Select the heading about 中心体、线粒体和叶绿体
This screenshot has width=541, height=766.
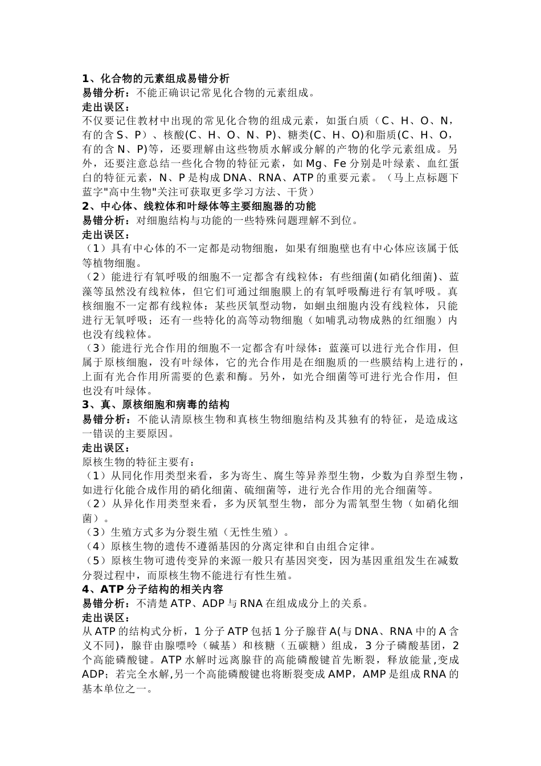pos(199,206)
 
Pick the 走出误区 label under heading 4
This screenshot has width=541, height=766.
pos(106,617)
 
